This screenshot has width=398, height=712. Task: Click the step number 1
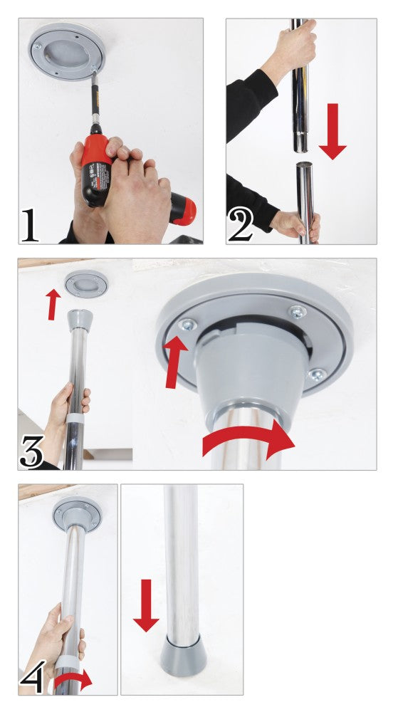tap(30, 225)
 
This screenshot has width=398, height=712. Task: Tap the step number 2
tap(240, 225)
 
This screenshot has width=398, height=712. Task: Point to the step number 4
tap(33, 677)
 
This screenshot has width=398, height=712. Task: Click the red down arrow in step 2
tap(332, 132)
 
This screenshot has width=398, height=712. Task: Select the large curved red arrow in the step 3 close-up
tap(249, 442)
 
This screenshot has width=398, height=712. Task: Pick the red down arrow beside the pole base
tap(146, 605)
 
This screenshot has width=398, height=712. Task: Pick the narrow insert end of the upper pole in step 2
tap(300, 135)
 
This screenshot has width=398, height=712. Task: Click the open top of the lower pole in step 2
tap(305, 167)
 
